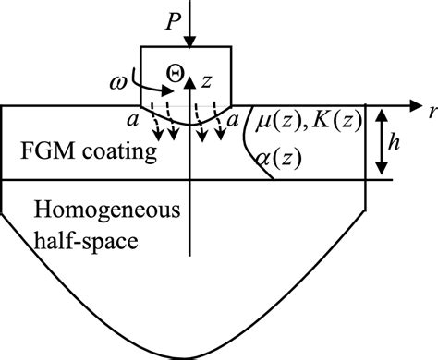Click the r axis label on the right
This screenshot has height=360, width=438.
click(x=431, y=111)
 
